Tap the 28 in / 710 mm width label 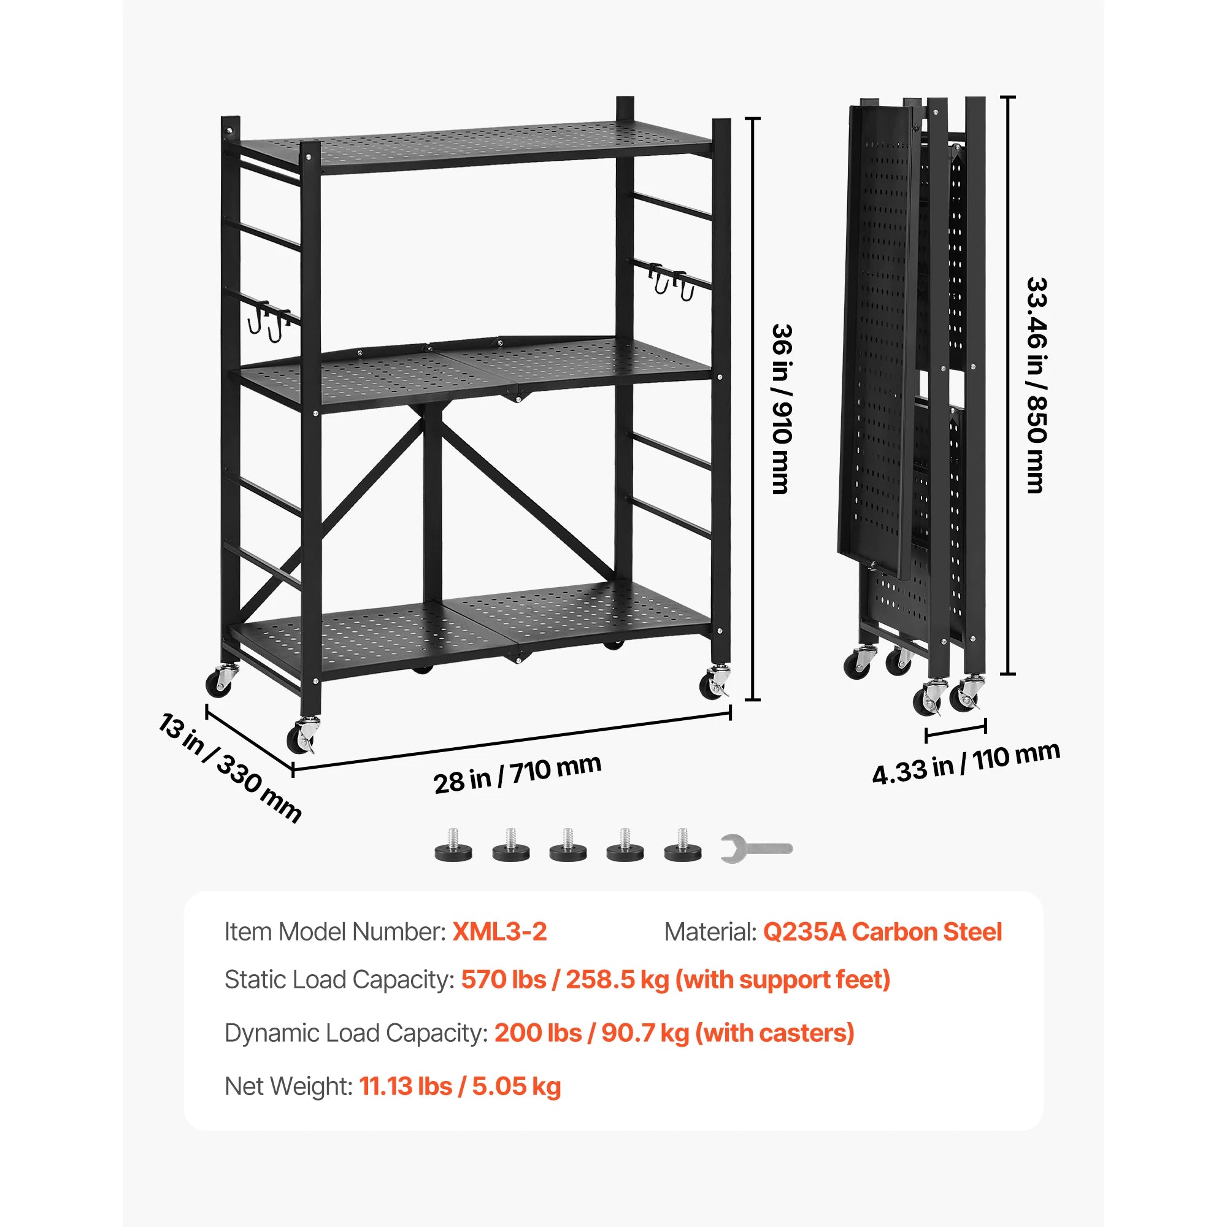coord(517,774)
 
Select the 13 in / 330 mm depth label coord(229,768)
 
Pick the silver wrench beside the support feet coord(756,848)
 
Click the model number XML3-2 coord(499,932)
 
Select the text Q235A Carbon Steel coord(882,932)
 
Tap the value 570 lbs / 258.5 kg coord(564,979)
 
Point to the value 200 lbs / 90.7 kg coord(591,1033)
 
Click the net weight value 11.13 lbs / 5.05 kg coord(460,1086)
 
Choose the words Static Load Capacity coord(339,979)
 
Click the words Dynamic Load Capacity coord(356,1033)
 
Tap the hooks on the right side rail coord(670,282)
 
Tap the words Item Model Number coord(335,932)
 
